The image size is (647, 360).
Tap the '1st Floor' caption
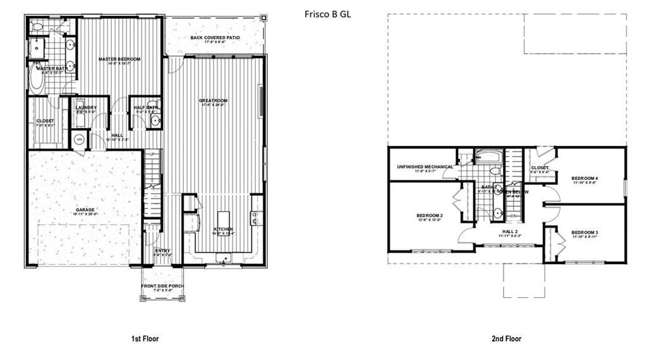[x=145, y=339]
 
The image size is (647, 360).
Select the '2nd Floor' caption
[x=507, y=339]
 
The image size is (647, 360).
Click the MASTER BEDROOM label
[x=119, y=59]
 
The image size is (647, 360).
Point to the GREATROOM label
[x=213, y=100]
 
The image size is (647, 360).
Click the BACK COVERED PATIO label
[x=215, y=38]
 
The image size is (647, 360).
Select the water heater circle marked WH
[x=80, y=139]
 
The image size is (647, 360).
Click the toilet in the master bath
[x=37, y=27]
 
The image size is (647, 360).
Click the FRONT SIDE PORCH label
[x=162, y=288]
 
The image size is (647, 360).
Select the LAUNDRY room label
[x=86, y=108]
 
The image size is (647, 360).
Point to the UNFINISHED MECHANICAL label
[x=425, y=167]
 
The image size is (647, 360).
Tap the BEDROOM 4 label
[x=584, y=179]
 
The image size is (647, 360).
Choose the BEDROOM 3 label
[x=584, y=232]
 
